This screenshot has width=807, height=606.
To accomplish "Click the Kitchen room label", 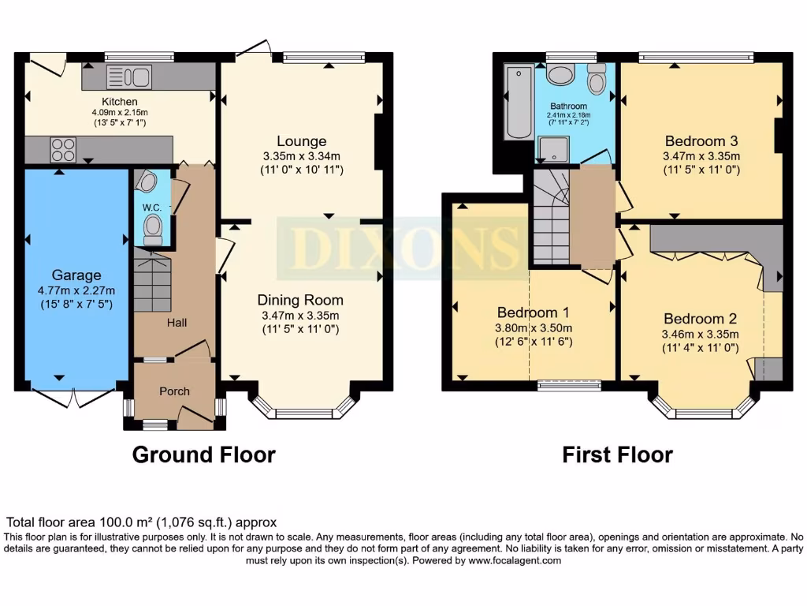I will pos(120,102).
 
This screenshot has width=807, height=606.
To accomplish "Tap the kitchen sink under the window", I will pos(128,77).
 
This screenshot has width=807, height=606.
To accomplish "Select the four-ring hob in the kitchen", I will pos(63,149).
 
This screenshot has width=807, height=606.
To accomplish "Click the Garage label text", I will pos(76,275).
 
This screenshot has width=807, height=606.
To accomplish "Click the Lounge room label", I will pos(301,141).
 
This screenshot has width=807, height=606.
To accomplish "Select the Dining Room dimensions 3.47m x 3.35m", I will pos(301,316).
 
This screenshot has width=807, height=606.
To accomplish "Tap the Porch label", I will pos(175,391).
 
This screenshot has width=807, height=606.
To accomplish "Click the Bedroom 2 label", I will pos(700,319).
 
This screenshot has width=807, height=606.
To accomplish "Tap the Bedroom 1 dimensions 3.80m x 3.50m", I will pos(533,328).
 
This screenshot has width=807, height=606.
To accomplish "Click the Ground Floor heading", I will pos(203,454).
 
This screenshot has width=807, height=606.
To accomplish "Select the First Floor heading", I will pos(617,454).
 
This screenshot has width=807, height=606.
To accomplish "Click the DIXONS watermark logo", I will pos(403,247).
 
